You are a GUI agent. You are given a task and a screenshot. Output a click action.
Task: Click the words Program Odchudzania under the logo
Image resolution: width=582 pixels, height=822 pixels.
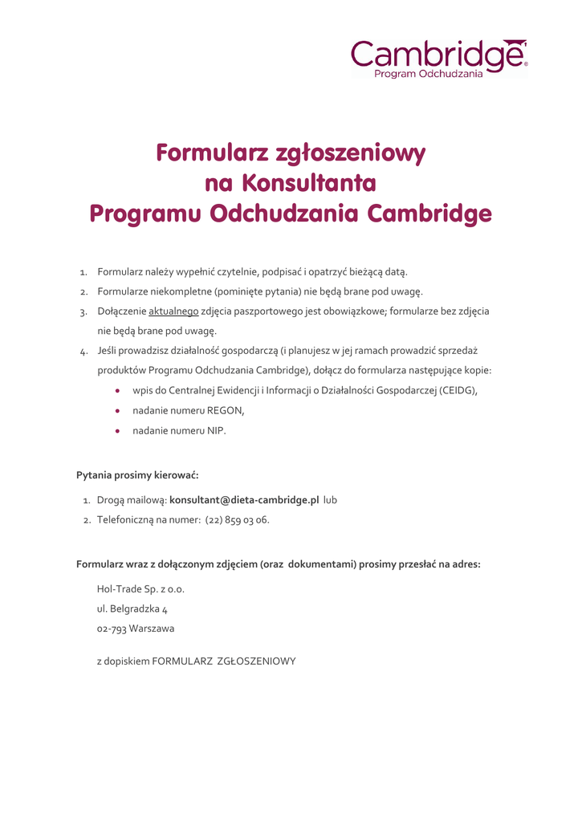tap(429, 74)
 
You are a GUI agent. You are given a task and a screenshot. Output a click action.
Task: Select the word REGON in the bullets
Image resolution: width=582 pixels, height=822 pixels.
tap(225, 410)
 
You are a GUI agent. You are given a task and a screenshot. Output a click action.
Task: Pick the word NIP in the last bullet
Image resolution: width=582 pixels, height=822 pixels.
tap(216, 430)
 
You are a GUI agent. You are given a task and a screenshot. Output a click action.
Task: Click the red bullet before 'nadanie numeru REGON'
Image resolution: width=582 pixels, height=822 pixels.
tap(118, 410)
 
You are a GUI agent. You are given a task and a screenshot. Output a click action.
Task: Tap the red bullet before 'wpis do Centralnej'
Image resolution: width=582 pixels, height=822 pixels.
tap(118, 390)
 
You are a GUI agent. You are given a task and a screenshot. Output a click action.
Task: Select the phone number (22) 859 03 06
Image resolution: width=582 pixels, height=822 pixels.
tap(237, 519)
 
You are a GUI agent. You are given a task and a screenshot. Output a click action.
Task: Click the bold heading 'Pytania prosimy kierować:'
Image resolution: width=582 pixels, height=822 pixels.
tap(132, 475)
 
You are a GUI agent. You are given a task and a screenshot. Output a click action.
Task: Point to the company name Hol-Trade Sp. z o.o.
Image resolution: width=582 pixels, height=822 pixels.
tap(140, 588)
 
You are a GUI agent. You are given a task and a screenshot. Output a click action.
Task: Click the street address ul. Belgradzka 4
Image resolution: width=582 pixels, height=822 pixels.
tap(132, 608)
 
